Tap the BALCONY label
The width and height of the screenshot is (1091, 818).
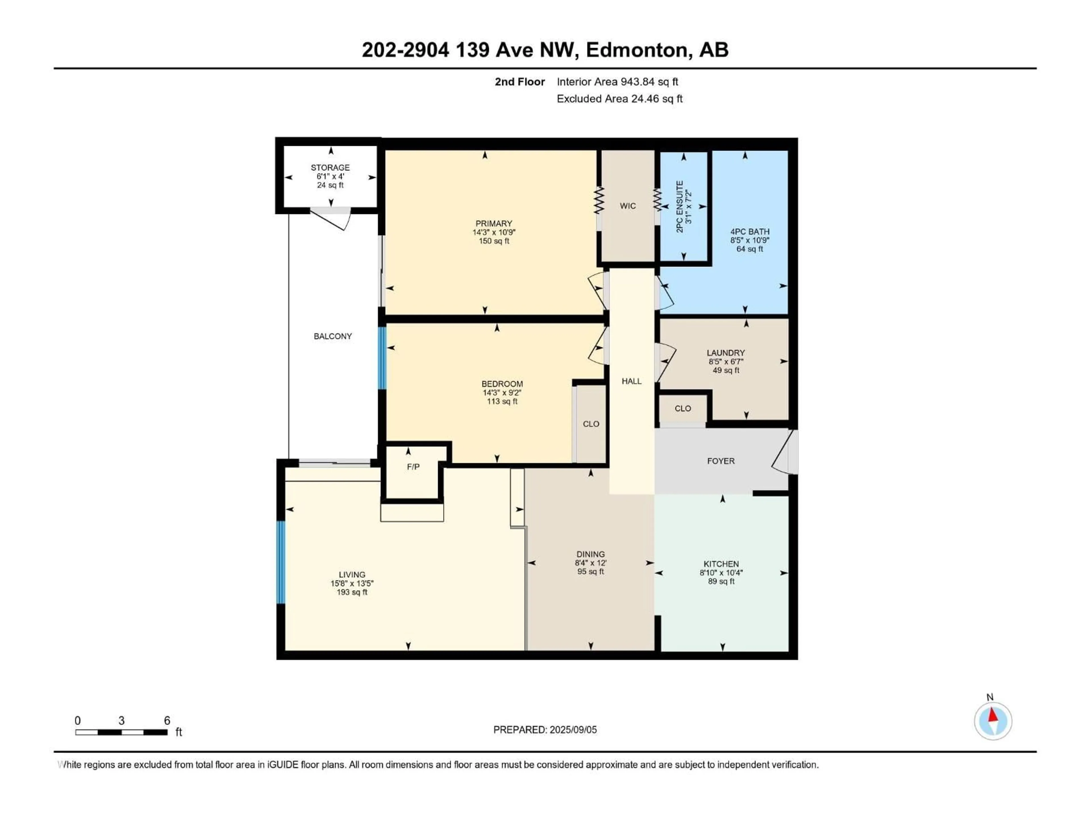pyautogui.click(x=333, y=336)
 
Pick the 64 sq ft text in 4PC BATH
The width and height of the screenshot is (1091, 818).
pyautogui.click(x=750, y=249)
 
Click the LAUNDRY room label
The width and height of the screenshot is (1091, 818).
pyautogui.click(x=726, y=352)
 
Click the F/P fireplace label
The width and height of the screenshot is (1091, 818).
pyautogui.click(x=413, y=467)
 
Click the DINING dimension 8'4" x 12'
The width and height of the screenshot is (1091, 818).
pyautogui.click(x=590, y=563)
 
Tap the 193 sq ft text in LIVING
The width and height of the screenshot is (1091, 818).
pyautogui.click(x=352, y=592)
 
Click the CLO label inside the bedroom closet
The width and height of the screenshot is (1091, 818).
pyautogui.click(x=591, y=424)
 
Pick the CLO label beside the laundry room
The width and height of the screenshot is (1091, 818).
pyautogui.click(x=683, y=408)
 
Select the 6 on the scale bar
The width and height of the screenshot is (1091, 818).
pyautogui.click(x=167, y=720)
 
